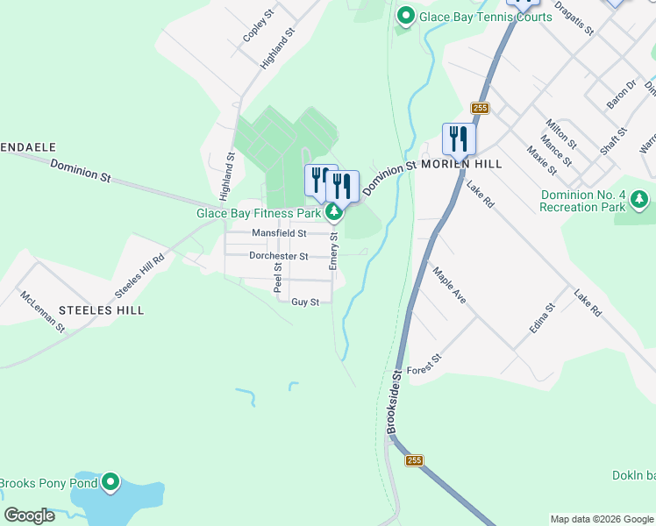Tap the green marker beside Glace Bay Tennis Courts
(405, 16)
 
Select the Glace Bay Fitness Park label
(258, 213)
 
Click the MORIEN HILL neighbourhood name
(461, 164)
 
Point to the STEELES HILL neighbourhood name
(101, 310)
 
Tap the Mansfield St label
(279, 233)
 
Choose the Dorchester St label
(279, 256)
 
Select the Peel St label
(278, 278)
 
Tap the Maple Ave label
(449, 285)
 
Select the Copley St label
(255, 30)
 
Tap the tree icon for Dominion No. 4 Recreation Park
(639, 201)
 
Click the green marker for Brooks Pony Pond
(111, 482)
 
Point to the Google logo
(30, 515)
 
